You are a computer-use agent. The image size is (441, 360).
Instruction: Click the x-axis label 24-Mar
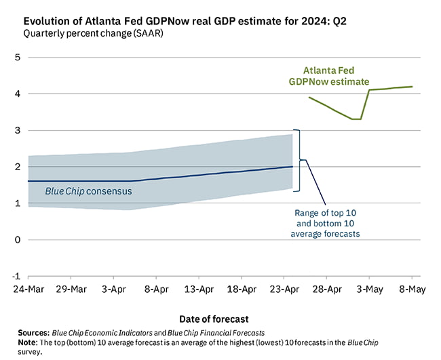pyautogui.click(x=28, y=288)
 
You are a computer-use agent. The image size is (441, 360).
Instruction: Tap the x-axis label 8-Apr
pyautogui.click(x=156, y=288)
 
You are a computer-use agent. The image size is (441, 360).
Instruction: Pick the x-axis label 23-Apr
pyautogui.click(x=284, y=288)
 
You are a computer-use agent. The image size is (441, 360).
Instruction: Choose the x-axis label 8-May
pyautogui.click(x=412, y=288)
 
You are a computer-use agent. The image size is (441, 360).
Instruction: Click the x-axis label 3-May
pyautogui.click(x=370, y=288)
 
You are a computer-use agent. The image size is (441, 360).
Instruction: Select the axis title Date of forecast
pyautogui.click(x=214, y=319)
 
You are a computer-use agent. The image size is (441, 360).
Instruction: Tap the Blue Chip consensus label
pyautogui.click(x=88, y=191)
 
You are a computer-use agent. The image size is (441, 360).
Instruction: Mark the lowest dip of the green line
pyautogui.click(x=357, y=119)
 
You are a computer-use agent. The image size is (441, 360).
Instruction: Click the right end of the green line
pyautogui.click(x=413, y=87)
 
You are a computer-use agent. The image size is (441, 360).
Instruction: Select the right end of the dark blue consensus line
pyautogui.click(x=292, y=166)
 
